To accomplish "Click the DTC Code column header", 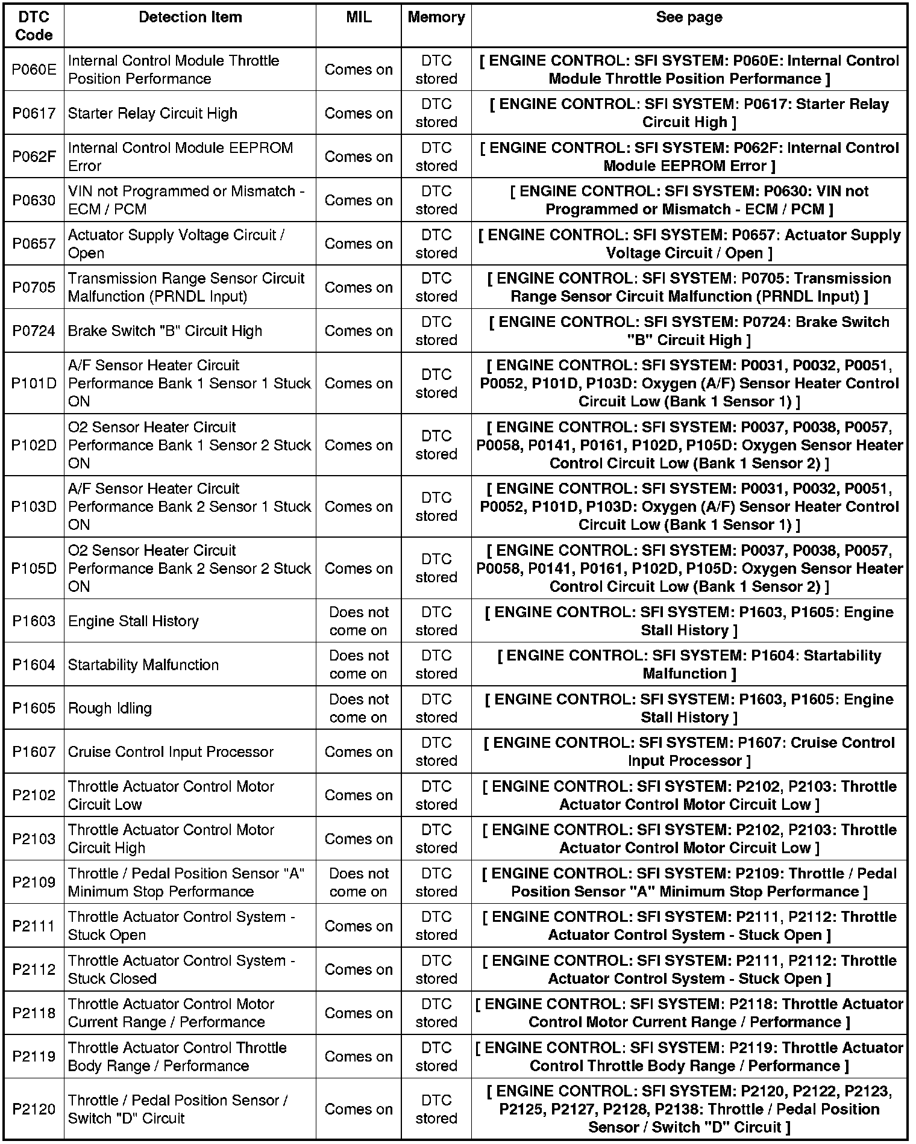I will [x=34, y=26].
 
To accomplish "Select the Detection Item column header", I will [x=190, y=17].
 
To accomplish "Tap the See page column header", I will [x=689, y=17].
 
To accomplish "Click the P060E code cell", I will [x=34, y=70].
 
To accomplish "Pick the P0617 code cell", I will [x=34, y=113].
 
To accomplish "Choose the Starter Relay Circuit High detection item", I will [x=152, y=113].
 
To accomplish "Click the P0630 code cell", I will [x=34, y=200].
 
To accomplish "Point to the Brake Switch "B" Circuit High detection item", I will [x=165, y=331].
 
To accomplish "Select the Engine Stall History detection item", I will [x=133, y=621].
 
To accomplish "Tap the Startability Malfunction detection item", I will [x=143, y=665].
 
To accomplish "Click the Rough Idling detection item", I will [x=110, y=708].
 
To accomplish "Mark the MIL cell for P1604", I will [x=359, y=665].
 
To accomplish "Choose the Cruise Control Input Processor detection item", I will [x=171, y=751].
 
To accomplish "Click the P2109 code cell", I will [x=34, y=882].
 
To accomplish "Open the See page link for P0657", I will [x=689, y=244].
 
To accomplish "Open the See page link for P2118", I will [x=689, y=1013].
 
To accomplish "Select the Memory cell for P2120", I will [x=436, y=1109].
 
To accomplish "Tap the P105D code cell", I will [x=34, y=568].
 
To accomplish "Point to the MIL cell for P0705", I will [x=359, y=287].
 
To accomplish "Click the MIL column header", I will [x=359, y=17].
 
